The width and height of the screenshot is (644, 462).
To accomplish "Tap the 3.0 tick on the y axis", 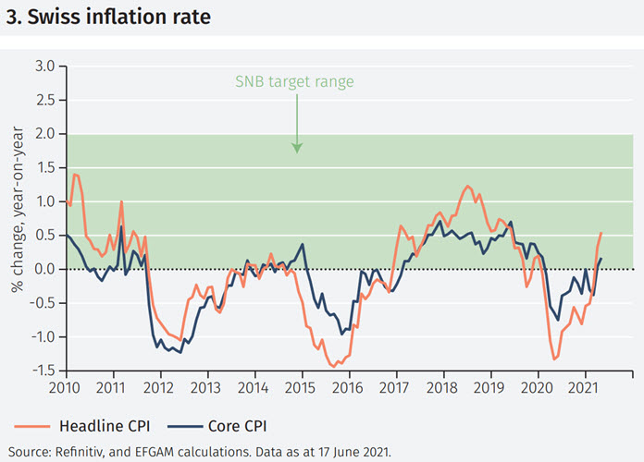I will pos(44,66).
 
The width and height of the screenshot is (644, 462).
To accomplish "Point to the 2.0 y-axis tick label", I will pos(44,134).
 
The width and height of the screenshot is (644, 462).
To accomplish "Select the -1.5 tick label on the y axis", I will pos(43,371).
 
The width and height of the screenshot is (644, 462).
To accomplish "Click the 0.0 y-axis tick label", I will pos(44,269).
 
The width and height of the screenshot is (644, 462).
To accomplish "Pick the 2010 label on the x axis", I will pos(65,387).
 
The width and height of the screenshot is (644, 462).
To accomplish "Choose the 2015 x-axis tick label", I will pos(301,387).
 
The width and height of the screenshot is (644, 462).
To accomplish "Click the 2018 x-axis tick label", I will pos(442,387).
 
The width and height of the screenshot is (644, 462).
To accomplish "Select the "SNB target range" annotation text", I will pos(295,81).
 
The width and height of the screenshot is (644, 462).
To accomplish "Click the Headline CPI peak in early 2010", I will pos(75,175).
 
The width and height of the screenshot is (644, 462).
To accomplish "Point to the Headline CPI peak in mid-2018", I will pos(467,186).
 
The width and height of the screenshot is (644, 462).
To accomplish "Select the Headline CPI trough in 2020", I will pos(553,359).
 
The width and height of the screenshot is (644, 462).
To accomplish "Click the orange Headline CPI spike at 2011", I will pos(121,201).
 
